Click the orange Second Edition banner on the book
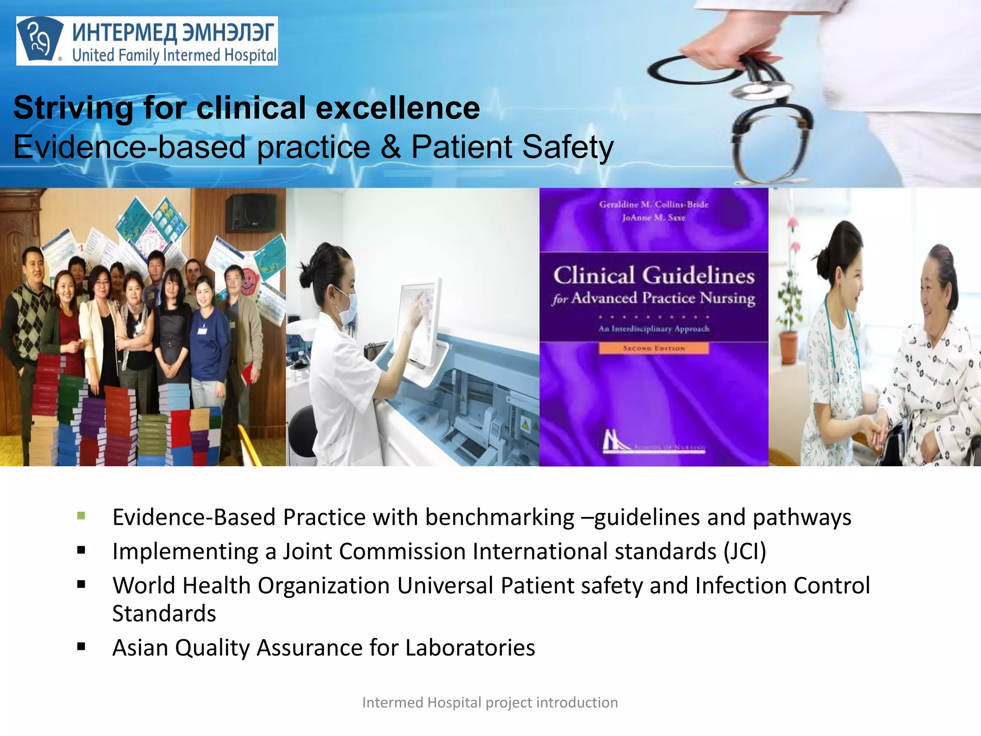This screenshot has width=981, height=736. coord(654,348)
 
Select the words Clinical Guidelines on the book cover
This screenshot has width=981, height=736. coord(654,276)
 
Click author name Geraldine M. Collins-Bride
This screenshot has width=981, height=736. coord(654,205)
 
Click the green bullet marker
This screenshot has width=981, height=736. coord(81,516)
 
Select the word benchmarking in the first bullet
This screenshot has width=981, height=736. coord(500,517)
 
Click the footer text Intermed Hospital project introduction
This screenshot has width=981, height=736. coord(490,702)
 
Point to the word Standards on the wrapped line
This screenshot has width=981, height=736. coord(164,613)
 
